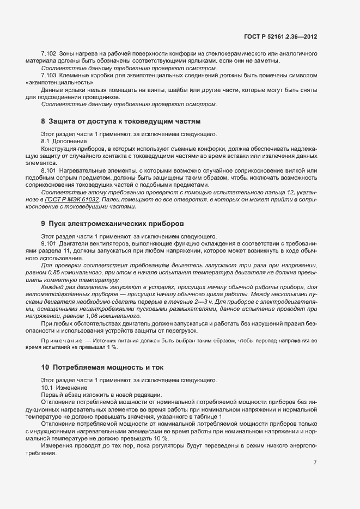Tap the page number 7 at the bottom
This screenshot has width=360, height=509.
[x=315, y=463]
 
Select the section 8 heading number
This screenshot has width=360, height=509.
[x=43, y=120]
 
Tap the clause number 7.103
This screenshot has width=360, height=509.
[x=49, y=75]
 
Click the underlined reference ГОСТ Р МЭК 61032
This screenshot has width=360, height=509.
[x=76, y=200]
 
